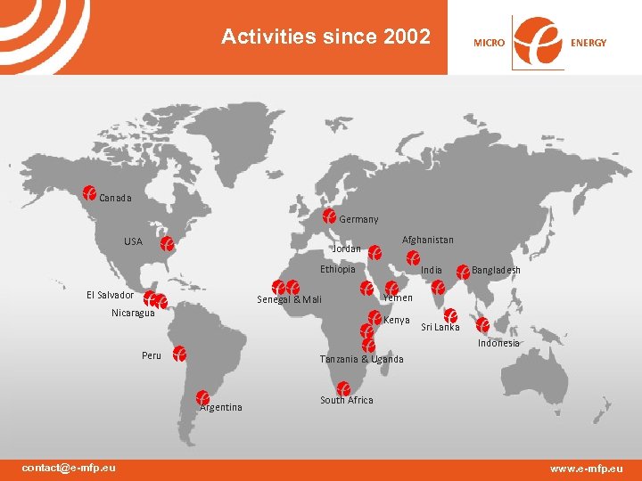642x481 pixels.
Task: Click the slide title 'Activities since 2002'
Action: tap(325, 37)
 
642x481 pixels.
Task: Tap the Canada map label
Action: tap(115, 198)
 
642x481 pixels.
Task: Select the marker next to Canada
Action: tap(89, 192)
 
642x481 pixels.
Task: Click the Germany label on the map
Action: tap(358, 219)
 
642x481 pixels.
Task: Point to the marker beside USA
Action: tap(166, 243)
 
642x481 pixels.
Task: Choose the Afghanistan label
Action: tap(427, 240)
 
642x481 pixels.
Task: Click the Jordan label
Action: tap(346, 249)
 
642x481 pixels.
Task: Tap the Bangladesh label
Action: tap(496, 270)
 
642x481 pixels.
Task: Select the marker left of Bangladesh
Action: tap(463, 270)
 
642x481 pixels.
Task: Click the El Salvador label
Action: tap(110, 295)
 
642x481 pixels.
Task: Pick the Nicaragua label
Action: tap(133, 313)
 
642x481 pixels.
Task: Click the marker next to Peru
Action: tap(179, 354)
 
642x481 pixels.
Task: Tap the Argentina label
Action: tap(221, 407)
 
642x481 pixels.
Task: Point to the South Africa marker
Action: tap(343, 388)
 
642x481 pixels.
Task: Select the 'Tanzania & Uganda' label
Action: tap(361, 359)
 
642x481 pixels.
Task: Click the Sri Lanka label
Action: tap(440, 327)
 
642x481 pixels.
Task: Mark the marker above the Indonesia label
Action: tap(482, 325)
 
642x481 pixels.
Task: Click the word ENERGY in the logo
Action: tap(588, 43)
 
